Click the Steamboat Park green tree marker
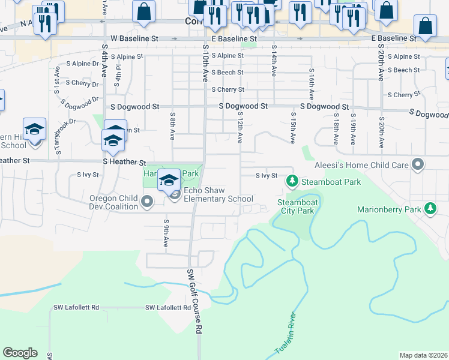click(x=293, y=181)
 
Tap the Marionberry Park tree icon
click(x=430, y=209)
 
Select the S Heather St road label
click(x=125, y=162)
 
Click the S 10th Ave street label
click(x=205, y=62)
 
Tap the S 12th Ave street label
click(x=240, y=127)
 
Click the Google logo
click(x=20, y=352)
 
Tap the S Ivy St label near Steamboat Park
click(x=266, y=176)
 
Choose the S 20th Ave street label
click(x=381, y=64)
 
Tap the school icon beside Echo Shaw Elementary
click(x=169, y=180)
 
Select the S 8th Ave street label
click(x=172, y=126)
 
